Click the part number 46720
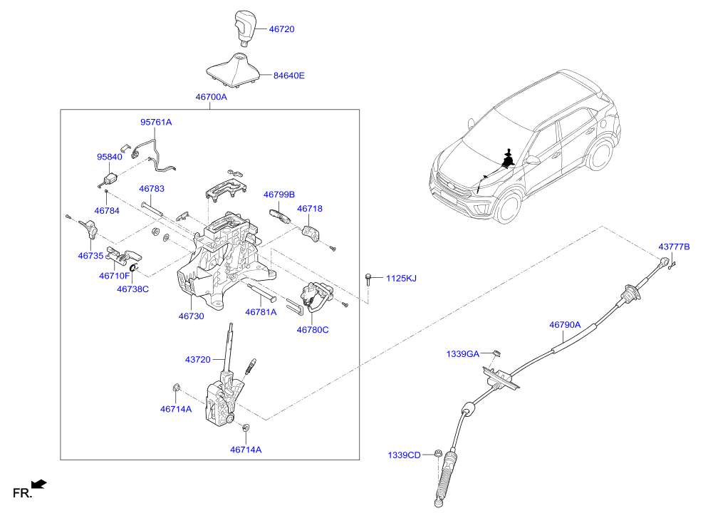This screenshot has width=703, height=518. tap(281, 29)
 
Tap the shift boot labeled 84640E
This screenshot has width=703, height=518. tap(234, 70)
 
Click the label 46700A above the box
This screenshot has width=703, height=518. tap(211, 97)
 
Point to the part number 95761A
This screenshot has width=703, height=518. tap(156, 122)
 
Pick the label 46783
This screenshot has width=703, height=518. tap(152, 189)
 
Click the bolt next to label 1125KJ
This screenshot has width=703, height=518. tap(368, 279)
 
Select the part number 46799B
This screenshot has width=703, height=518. tap(279, 195)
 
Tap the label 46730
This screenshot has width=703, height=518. tap(191, 316)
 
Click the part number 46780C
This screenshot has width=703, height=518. tap(313, 330)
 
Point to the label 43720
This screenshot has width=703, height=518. tap(198, 360)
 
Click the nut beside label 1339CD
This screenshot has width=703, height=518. tap(438, 453)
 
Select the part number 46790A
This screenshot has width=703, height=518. tap(565, 325)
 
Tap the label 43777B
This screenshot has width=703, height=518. tap(674, 247)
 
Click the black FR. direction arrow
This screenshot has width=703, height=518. tap(39, 485)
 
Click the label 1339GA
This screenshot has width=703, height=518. tap(463, 354)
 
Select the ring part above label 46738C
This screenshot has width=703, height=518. tap(133, 268)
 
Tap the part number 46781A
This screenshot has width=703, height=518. tap(261, 312)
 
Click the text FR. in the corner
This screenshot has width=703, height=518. tap(22, 493)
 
